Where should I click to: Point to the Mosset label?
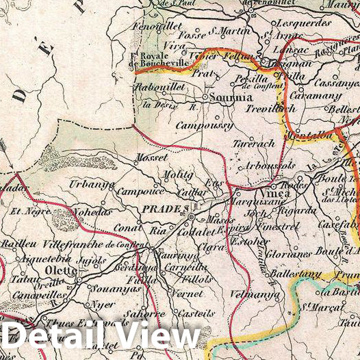pyautogui.click(x=151, y=157)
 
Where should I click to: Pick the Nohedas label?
pyautogui.click(x=88, y=211)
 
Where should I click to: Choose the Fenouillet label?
pyautogui.click(x=162, y=25)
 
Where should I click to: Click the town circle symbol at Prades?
pyautogui.click(x=191, y=217)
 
